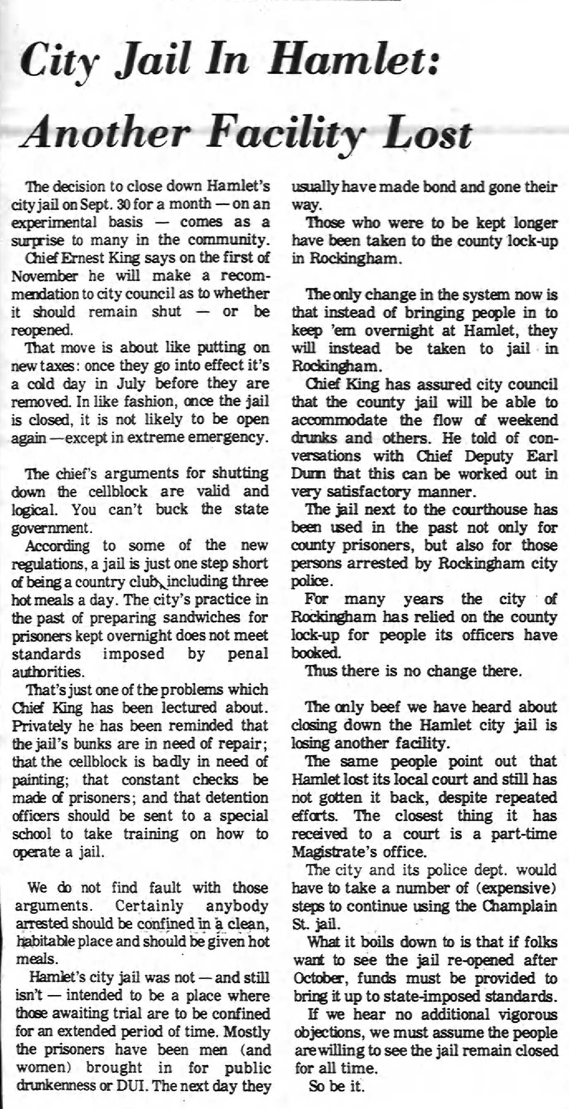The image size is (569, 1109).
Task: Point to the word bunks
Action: click(x=77, y=744)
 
